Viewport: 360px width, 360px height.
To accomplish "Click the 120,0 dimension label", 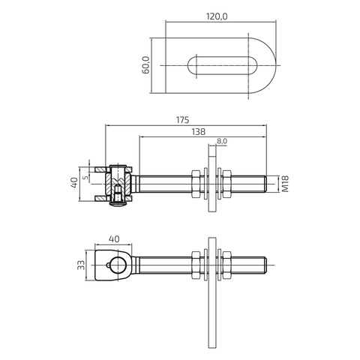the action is pyautogui.click(x=217, y=16).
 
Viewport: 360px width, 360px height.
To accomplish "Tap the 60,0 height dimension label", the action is pyautogui.click(x=145, y=65).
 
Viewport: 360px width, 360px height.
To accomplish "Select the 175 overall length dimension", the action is pyautogui.click(x=182, y=120).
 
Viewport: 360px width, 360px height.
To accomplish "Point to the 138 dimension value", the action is pyautogui.click(x=198, y=132).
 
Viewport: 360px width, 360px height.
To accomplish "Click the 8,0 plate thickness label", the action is pyautogui.click(x=222, y=141).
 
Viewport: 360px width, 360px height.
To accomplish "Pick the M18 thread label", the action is pyautogui.click(x=285, y=184).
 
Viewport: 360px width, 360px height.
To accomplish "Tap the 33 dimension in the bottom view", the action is pyautogui.click(x=81, y=265).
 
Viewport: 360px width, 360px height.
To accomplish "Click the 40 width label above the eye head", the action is pyautogui.click(x=114, y=239).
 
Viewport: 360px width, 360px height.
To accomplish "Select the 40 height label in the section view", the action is pyautogui.click(x=74, y=183).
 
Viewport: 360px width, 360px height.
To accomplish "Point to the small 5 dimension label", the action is pyautogui.click(x=85, y=178).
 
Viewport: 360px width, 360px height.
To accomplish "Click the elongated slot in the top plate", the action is pyautogui.click(x=222, y=65).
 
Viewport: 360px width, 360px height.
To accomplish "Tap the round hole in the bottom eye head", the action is pyautogui.click(x=118, y=265).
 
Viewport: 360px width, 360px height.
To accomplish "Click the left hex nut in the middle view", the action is pyautogui.click(x=196, y=184).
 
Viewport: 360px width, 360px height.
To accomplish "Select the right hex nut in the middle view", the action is pyautogui.click(x=226, y=184).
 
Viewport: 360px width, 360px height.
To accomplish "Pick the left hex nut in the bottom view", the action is pyautogui.click(x=196, y=265).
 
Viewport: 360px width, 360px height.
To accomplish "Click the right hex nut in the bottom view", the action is pyautogui.click(x=226, y=265).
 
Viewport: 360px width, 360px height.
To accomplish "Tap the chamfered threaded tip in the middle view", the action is pyautogui.click(x=265, y=184).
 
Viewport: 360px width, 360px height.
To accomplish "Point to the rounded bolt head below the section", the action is pyautogui.click(x=118, y=204).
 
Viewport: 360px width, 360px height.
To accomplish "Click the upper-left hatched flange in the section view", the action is pyautogui.click(x=100, y=169).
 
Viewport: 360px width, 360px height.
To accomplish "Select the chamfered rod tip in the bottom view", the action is pyautogui.click(x=265, y=265).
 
